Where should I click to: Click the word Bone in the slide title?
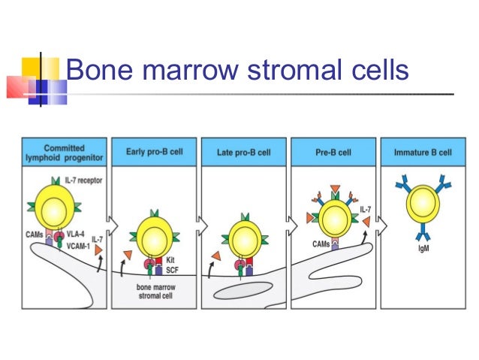point(95,70)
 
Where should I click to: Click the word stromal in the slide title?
point(291,70)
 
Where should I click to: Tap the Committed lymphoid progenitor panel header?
point(64,153)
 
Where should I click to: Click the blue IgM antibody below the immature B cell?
point(423,235)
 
